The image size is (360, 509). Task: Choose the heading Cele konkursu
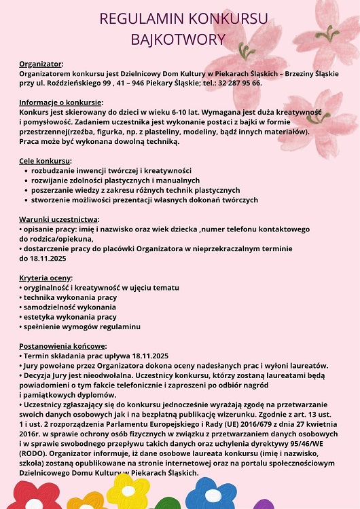pyautogui.click(x=46, y=161)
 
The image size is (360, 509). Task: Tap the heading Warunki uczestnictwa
pyautogui.click(x=59, y=219)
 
